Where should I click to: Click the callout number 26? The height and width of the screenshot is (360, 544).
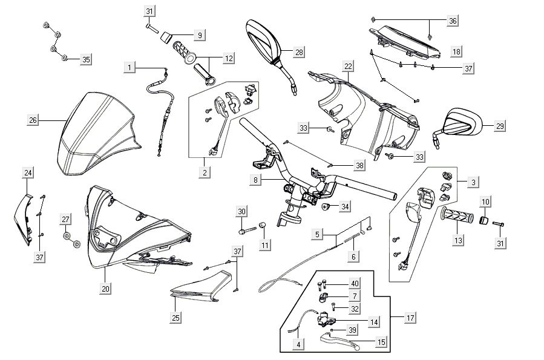tap(33, 120)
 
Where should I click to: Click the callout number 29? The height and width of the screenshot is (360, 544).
tap(499, 126)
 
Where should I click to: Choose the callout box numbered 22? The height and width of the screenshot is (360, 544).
tap(348, 66)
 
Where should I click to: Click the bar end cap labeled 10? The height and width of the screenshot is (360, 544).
tap(484, 219)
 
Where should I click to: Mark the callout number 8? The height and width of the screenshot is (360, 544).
tap(256, 180)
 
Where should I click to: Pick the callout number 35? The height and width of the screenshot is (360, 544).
tap(86, 59)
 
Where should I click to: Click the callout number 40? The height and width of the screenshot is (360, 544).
tap(355, 284)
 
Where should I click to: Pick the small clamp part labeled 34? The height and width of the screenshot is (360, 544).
tap(327, 207)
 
